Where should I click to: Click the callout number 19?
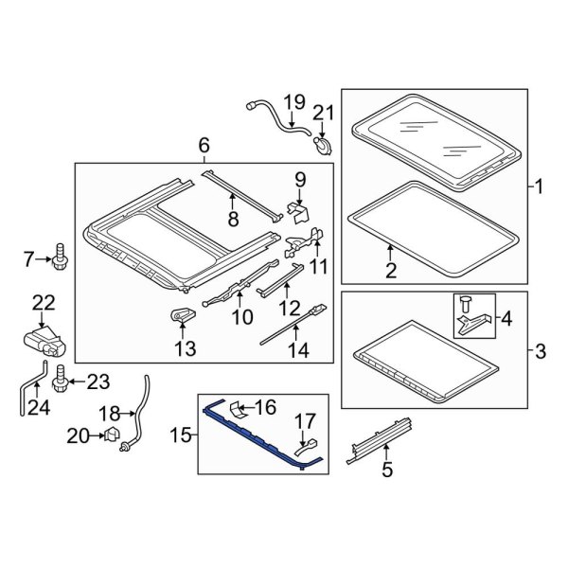point(293,101)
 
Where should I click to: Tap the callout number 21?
point(324,116)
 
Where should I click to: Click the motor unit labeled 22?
point(42,339)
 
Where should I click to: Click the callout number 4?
point(503,319)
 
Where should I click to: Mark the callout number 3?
point(541,352)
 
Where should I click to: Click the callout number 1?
point(541,187)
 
